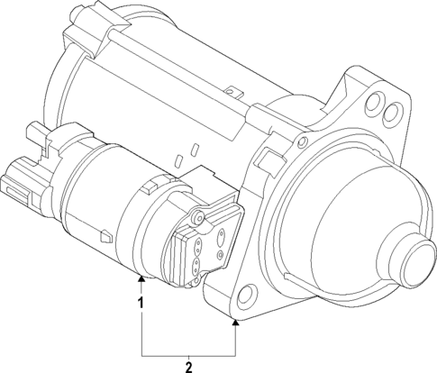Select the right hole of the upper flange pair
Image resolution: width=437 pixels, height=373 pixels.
(x=391, y=114)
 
